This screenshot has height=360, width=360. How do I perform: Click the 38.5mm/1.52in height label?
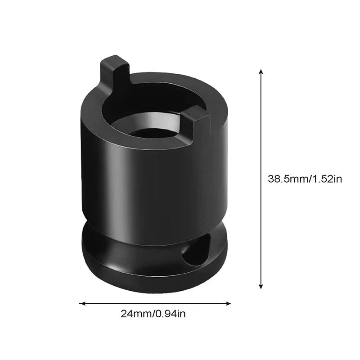coord(305,179)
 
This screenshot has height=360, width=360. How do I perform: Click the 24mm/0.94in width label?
coord(153,314)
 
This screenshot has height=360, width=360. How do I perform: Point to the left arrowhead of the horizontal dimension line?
coord(81,303)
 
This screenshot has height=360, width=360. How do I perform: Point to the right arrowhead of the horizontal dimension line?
coord(229,303)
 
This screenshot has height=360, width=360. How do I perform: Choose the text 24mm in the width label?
coord(132,314)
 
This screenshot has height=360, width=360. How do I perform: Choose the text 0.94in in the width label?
coord(170,314)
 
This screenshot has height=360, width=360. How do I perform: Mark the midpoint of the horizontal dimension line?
coord(155,303)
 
